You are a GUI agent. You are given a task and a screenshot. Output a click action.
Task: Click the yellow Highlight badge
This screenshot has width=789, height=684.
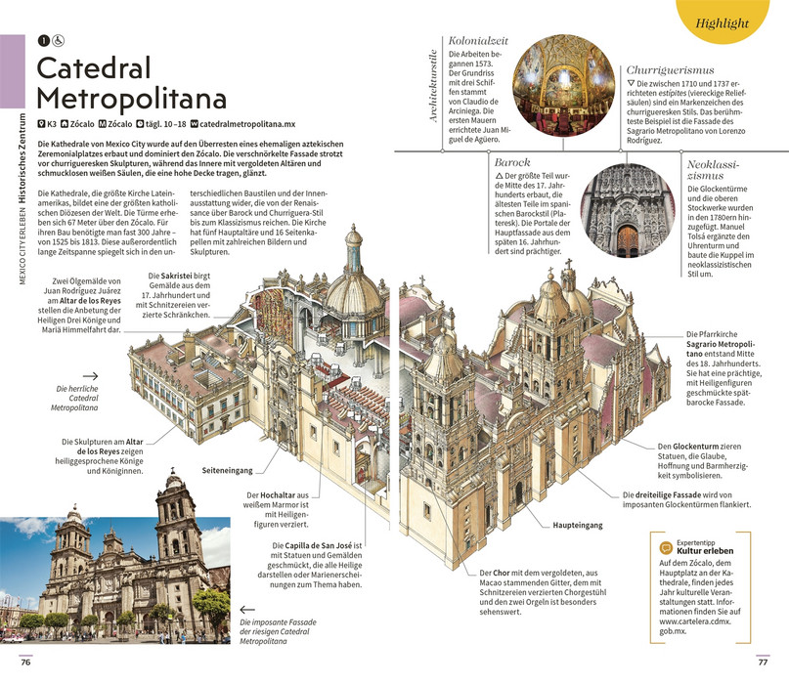click(723, 21)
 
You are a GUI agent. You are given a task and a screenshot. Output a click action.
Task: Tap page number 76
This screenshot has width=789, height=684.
click(25, 663)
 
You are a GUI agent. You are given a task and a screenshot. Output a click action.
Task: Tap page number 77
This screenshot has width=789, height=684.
click(763, 663)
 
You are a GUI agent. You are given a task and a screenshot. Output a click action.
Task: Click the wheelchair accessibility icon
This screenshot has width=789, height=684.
click(58, 40)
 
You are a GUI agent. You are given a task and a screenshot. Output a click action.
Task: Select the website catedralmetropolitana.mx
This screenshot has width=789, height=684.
click(247, 124)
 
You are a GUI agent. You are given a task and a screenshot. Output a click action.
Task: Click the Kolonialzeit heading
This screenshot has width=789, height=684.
click(478, 41)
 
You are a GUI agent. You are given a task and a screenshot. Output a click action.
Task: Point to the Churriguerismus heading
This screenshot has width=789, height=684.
click(671, 70)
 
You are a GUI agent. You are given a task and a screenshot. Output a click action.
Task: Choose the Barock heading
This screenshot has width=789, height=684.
click(511, 162)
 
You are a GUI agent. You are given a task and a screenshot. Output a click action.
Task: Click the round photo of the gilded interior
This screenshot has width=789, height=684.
click(563, 85)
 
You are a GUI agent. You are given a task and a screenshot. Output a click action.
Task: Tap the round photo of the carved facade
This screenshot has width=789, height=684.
click(628, 210)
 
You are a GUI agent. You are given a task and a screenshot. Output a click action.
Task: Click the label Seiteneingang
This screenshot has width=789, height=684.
click(227, 471)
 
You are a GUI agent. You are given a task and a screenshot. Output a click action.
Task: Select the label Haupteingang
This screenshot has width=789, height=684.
click(577, 526)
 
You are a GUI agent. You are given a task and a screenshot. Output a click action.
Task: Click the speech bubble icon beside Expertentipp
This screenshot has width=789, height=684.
click(666, 547)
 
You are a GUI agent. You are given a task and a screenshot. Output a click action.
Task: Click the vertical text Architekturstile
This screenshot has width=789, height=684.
click(432, 86)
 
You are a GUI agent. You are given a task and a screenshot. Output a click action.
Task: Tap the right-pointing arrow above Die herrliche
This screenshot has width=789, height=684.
click(91, 376)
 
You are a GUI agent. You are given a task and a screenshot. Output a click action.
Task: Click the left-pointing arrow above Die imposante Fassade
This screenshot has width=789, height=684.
click(247, 610)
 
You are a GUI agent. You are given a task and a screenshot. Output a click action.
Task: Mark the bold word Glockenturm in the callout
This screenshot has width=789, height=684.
click(694, 447)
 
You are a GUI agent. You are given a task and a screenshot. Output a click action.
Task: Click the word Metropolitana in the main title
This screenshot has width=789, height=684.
click(132, 99)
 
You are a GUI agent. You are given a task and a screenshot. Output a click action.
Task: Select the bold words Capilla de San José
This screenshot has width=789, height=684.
click(318, 545)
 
